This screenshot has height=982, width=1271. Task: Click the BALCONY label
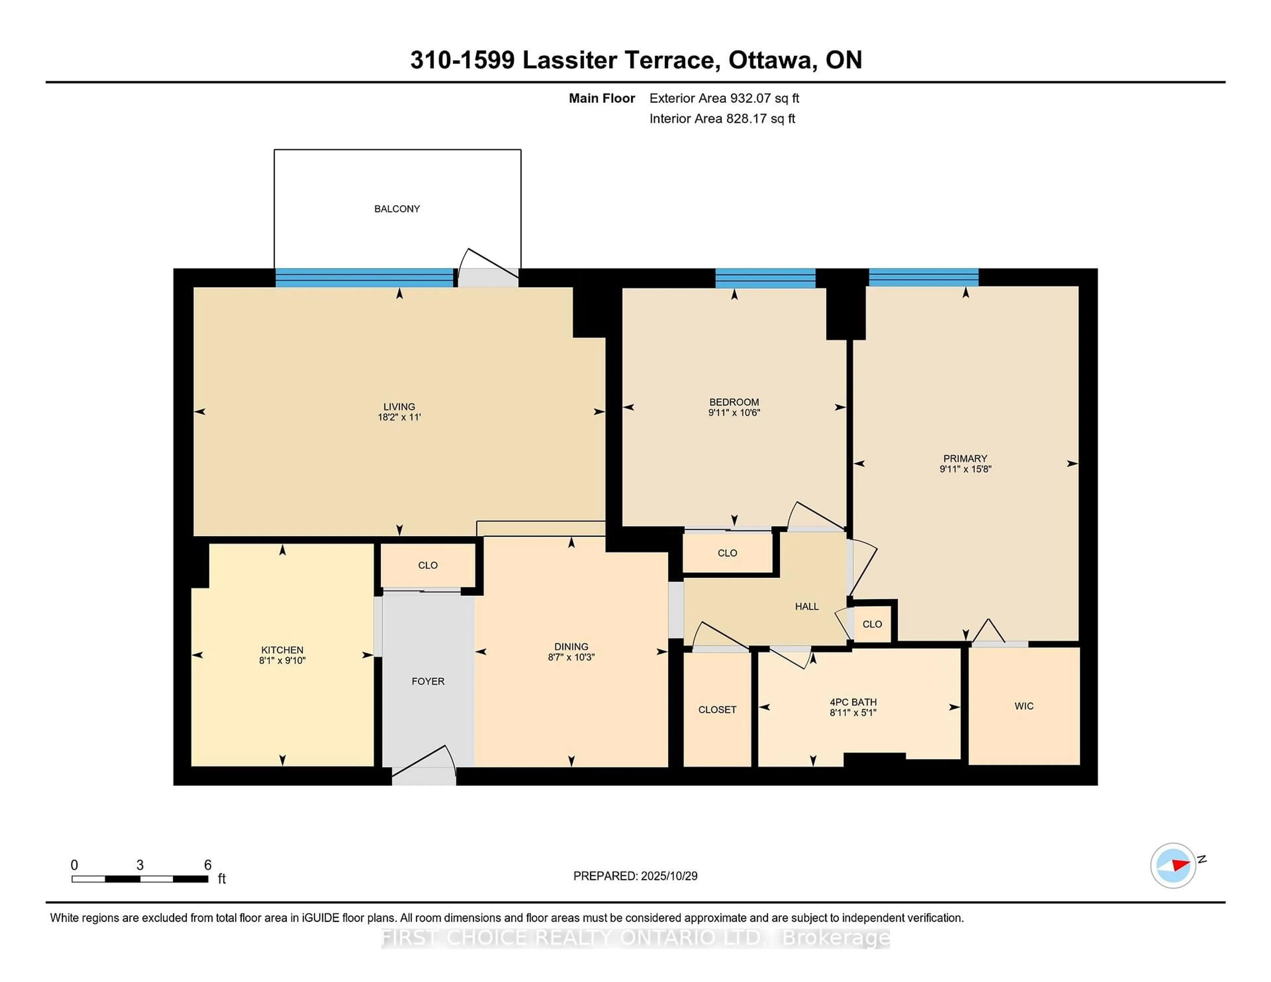(x=397, y=209)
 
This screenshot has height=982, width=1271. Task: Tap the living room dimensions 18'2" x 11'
(x=399, y=417)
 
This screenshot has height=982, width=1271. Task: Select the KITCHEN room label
(x=282, y=650)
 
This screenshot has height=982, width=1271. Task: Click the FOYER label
(x=428, y=681)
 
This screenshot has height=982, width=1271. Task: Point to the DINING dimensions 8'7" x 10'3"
(x=571, y=657)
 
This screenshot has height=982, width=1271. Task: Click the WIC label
(x=1024, y=706)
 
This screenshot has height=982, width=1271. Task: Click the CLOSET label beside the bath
(x=717, y=710)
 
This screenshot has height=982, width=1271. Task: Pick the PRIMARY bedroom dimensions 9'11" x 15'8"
(x=965, y=469)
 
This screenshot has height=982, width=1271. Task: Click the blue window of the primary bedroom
(x=923, y=278)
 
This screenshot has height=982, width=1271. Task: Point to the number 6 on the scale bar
(x=208, y=865)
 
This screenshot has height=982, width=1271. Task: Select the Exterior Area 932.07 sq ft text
(x=724, y=98)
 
